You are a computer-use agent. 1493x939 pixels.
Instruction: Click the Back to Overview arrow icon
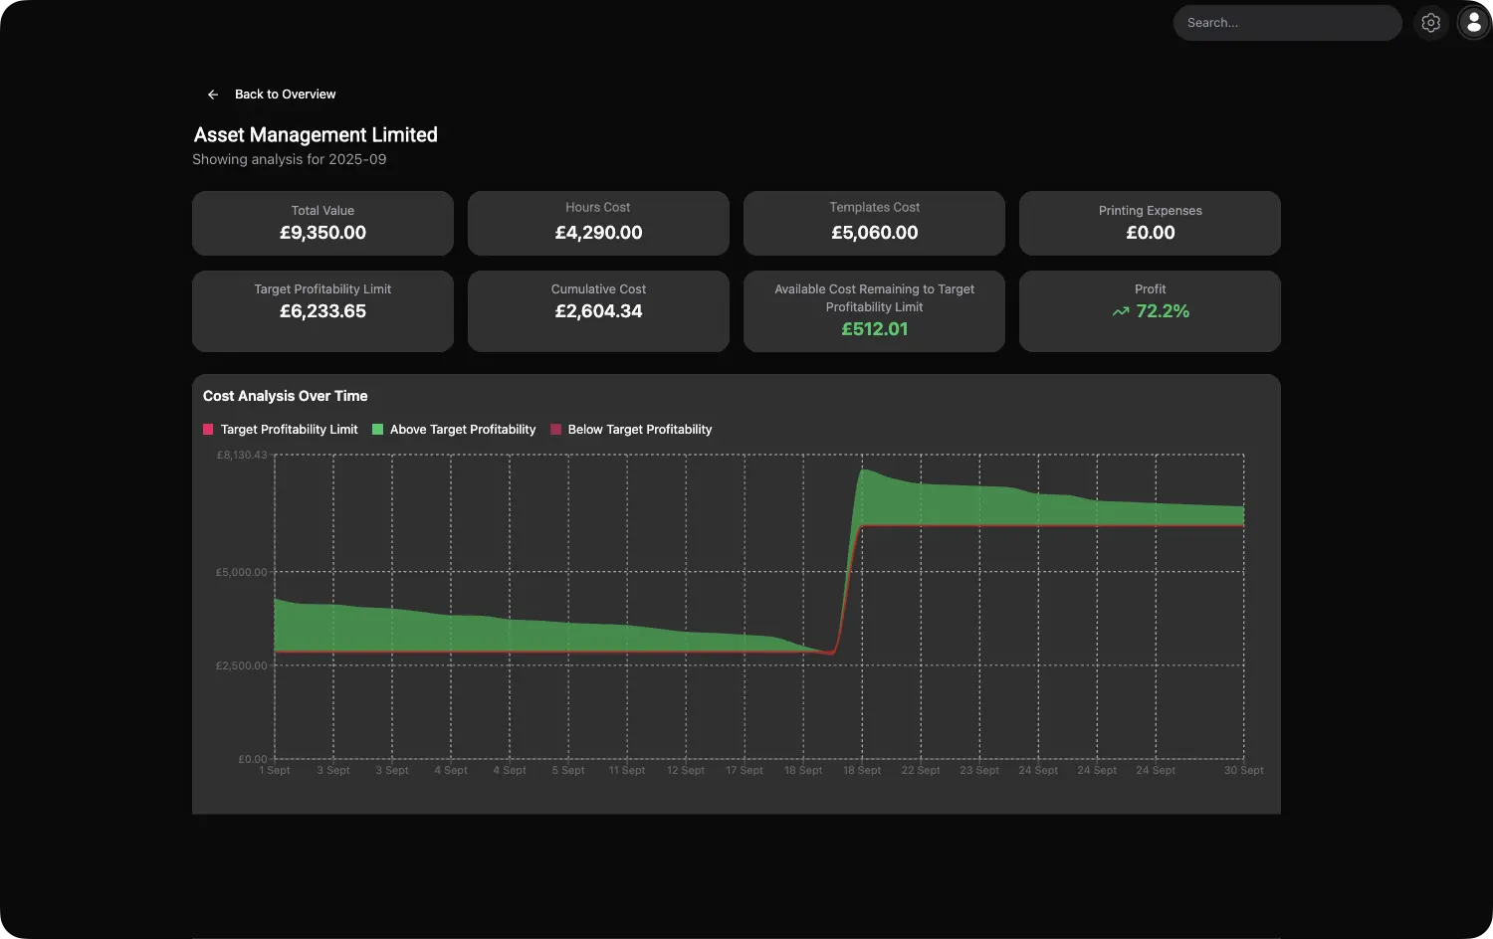pyautogui.click(x=213, y=94)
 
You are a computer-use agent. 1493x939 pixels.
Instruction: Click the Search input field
pyautogui.click(x=1286, y=23)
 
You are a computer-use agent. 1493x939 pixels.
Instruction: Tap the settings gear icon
pyautogui.click(x=1430, y=23)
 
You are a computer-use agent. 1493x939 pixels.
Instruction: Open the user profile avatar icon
pyautogui.click(x=1474, y=23)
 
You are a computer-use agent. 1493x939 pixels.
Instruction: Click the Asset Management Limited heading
pyautogui.click(x=316, y=134)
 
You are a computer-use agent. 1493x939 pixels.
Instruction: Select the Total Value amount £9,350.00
pyautogui.click(x=322, y=233)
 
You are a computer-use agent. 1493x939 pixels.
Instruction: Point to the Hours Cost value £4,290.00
pyautogui.click(x=598, y=233)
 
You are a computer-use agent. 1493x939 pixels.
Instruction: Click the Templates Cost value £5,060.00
pyautogui.click(x=874, y=233)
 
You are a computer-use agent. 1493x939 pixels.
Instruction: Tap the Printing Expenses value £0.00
pyautogui.click(x=1150, y=233)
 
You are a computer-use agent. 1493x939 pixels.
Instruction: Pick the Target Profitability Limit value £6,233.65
pyautogui.click(x=322, y=311)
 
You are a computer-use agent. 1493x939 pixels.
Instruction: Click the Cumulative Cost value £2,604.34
pyautogui.click(x=598, y=311)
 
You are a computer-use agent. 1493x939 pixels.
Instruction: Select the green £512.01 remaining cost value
pyautogui.click(x=874, y=329)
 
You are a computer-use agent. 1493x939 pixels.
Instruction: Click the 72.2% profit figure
pyautogui.click(x=1163, y=311)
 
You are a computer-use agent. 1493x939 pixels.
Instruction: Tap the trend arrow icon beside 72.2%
pyautogui.click(x=1121, y=311)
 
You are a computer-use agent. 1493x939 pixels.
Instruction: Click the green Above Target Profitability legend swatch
pyautogui.click(x=378, y=430)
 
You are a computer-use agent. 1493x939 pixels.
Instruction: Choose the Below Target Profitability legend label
pyautogui.click(x=639, y=430)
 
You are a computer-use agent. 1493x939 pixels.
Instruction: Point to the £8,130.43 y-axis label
pyautogui.click(x=242, y=455)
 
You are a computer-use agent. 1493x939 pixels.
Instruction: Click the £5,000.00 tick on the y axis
pyautogui.click(x=242, y=572)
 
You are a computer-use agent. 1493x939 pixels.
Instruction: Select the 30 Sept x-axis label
pyautogui.click(x=1243, y=771)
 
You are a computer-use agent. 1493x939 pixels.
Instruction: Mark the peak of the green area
pyautogui.click(x=865, y=469)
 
